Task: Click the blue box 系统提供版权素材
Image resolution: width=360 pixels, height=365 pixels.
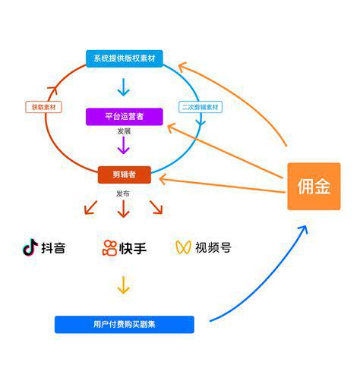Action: (x=124, y=59)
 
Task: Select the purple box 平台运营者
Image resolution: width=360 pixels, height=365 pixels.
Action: (x=124, y=117)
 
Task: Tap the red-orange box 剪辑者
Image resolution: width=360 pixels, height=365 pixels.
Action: (x=124, y=175)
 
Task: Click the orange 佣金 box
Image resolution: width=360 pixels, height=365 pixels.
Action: (x=313, y=187)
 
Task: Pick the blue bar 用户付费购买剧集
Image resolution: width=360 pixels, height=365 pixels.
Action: (x=124, y=325)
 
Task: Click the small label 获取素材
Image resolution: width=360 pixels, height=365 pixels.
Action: (x=44, y=107)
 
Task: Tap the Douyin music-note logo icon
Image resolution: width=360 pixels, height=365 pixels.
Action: (x=30, y=247)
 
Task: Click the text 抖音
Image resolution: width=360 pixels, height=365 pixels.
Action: (x=53, y=247)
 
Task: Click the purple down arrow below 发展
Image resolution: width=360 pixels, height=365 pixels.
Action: (x=124, y=146)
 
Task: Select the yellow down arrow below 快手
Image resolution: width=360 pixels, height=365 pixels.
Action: (x=124, y=285)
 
